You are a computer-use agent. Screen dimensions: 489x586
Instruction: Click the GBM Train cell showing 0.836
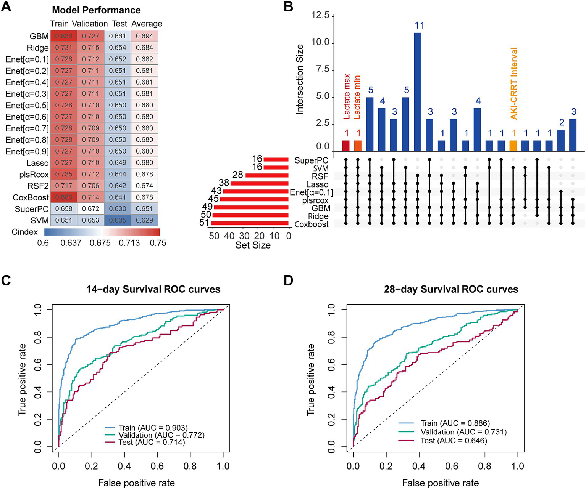(x=64, y=36)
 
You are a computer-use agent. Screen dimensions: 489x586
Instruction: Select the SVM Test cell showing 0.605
(x=118, y=220)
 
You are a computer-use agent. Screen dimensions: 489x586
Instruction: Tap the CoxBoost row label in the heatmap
(x=31, y=197)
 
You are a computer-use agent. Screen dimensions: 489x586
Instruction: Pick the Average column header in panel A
(x=147, y=24)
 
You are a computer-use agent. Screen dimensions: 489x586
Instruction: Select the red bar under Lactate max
(x=346, y=146)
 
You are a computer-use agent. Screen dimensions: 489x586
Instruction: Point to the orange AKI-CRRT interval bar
(x=513, y=146)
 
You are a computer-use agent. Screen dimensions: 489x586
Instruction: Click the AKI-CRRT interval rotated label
(x=514, y=83)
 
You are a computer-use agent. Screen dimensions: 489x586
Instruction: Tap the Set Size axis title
(x=253, y=245)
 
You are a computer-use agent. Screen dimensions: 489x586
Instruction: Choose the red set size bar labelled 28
(x=267, y=175)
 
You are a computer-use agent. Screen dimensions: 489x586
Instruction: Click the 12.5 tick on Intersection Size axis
(x=320, y=15)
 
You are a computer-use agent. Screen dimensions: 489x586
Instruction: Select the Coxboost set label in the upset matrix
(x=312, y=224)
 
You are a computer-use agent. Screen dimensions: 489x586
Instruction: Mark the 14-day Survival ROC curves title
(x=153, y=289)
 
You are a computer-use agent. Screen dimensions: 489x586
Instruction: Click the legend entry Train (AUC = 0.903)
(x=153, y=428)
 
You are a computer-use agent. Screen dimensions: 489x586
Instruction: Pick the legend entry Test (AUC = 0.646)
(x=454, y=441)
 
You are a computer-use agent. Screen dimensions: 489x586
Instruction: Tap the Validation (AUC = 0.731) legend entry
(x=463, y=432)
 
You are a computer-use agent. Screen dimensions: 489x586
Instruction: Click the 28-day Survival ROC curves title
(x=451, y=289)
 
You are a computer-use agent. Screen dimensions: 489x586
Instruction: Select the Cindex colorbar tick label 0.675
(x=100, y=243)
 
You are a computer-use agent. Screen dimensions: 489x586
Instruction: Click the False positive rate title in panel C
(x=136, y=483)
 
